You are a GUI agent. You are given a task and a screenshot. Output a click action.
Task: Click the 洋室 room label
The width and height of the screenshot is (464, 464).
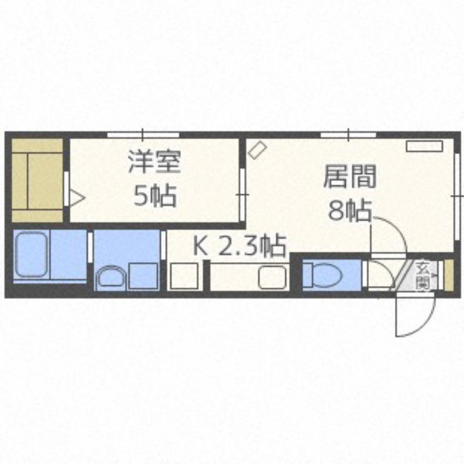(x=154, y=162)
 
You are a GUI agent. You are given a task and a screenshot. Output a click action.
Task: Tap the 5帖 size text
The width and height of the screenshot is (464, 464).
(x=155, y=195)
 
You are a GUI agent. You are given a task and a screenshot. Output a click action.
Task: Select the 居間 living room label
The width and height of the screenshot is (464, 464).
(x=350, y=176)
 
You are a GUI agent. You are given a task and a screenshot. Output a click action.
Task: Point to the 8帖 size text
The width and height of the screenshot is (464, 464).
(x=350, y=211)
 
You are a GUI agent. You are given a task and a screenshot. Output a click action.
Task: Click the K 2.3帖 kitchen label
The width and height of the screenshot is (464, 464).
(x=240, y=245)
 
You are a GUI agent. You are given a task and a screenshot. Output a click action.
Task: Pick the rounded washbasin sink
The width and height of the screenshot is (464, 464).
(x=111, y=277)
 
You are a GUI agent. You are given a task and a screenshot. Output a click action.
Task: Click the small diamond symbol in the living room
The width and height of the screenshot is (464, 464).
(x=257, y=150)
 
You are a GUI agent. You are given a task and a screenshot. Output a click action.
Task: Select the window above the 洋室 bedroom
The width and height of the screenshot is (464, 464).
(x=143, y=135)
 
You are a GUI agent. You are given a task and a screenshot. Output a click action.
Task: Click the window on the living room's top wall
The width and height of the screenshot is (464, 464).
(x=349, y=135)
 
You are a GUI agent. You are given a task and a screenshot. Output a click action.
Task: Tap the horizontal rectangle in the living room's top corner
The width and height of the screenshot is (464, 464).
(x=425, y=146)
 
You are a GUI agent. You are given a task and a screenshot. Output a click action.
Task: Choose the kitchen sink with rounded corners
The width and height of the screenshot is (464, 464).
(x=272, y=277)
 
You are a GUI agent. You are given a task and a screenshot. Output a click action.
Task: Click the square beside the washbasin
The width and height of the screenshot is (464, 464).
(x=143, y=276)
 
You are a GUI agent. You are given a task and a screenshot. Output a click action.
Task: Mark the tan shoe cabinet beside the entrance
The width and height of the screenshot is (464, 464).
(x=449, y=275)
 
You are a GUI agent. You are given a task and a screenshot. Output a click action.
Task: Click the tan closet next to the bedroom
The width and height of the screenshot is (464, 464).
(x=37, y=180)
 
